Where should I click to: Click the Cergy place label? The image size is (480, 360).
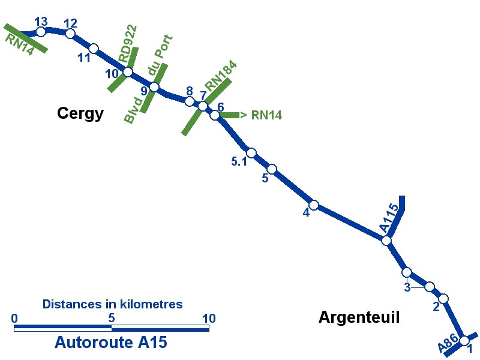[80, 113]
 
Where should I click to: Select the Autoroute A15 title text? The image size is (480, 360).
[111, 343]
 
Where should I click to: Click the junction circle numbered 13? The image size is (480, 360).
[41, 31]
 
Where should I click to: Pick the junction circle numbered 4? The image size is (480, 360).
[313, 205]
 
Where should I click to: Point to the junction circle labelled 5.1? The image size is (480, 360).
[251, 153]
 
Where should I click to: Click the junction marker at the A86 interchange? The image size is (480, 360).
[464, 341]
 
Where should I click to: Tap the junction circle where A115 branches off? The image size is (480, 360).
[386, 241]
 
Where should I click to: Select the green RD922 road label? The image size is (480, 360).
[128, 44]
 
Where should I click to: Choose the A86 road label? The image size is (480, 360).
[448, 344]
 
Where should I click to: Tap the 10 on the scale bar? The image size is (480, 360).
[209, 319]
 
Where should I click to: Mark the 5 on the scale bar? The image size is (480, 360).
[112, 319]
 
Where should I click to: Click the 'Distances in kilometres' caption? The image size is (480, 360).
[112, 304]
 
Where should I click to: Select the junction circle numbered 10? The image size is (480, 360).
[128, 72]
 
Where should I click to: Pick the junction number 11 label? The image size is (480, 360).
[84, 58]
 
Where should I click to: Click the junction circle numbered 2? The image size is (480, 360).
[443, 298]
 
